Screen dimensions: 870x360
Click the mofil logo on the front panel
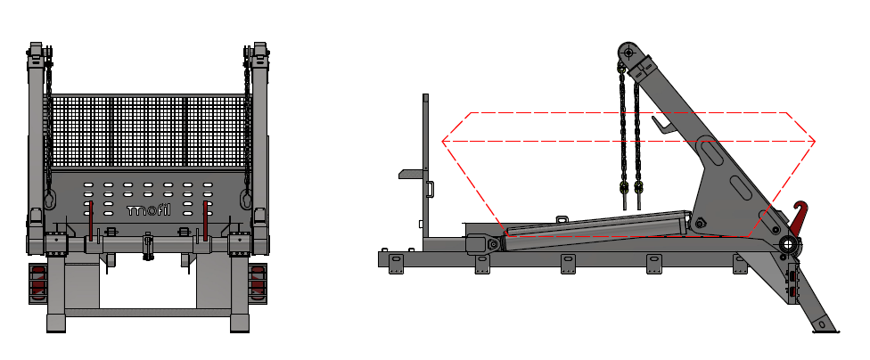tap(148, 210)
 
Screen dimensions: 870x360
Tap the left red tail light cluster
tap(37, 282)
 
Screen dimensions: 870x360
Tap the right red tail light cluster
tap(258, 282)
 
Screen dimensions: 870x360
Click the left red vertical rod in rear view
tap(92, 220)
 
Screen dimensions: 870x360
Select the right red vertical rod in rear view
tap(205, 220)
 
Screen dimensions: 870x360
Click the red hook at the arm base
tap(798, 217)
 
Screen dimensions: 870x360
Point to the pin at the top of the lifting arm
tap(628, 53)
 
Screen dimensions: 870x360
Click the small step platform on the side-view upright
tap(411, 174)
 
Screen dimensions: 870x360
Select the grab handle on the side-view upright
tap(430, 189)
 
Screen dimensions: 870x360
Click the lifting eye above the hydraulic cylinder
tap(562, 219)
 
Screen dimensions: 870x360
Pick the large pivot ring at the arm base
tap(788, 244)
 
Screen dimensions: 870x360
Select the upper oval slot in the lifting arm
tap(711, 152)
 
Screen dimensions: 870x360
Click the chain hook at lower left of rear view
tap(49, 199)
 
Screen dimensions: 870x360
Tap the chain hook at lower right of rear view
tap(246, 199)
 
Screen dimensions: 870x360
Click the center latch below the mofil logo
tap(148, 246)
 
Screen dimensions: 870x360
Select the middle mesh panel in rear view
tap(148, 131)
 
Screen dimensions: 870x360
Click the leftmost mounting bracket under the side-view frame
tap(396, 265)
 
